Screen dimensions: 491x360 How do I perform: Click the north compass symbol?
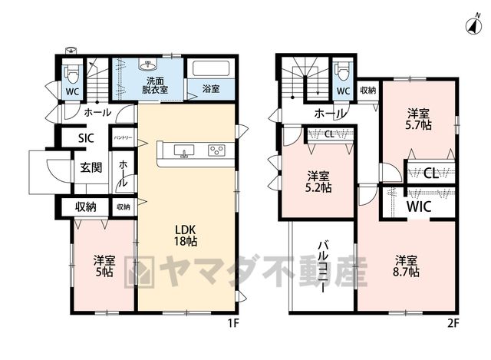[475, 25]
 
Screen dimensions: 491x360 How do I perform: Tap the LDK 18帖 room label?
[186, 236]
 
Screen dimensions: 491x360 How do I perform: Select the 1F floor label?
[233, 323]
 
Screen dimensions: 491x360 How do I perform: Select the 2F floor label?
[453, 323]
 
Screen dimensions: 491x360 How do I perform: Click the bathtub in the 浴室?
[212, 68]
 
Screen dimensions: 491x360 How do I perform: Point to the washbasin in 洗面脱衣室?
[147, 65]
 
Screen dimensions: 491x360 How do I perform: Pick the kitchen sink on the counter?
[184, 151]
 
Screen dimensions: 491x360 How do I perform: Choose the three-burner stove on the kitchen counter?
[216, 150]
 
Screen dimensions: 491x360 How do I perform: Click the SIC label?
[86, 138]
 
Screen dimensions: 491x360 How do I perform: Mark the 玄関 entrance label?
[91, 167]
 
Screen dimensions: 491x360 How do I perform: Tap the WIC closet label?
[419, 206]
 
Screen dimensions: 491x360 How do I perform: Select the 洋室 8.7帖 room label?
[406, 266]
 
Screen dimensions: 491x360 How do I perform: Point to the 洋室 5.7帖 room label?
[418, 119]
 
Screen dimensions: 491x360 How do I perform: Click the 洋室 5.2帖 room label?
[318, 181]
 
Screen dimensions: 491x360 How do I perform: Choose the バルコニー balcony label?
[324, 266]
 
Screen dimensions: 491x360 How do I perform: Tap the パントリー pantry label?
[123, 137]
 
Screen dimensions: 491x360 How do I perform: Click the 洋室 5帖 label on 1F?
[104, 266]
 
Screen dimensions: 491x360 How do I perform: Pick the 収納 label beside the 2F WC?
[368, 91]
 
